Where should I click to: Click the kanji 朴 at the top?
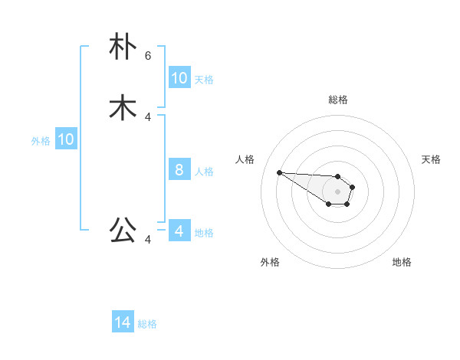123,47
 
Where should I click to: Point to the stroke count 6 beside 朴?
148,56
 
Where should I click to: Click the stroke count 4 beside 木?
148,117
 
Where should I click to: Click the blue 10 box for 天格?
179,78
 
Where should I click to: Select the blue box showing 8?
179,170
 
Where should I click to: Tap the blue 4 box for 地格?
179,231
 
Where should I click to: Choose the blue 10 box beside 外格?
66,139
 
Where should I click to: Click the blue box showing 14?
123,323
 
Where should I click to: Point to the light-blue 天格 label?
204,80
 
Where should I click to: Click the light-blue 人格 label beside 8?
204,172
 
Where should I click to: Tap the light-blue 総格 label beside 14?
147,325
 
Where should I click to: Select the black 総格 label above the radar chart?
337,100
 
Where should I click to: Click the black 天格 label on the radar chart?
431,159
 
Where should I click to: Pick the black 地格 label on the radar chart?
402,262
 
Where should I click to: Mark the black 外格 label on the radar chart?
270,262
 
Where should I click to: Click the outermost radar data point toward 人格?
279,172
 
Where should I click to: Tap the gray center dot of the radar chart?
337,191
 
